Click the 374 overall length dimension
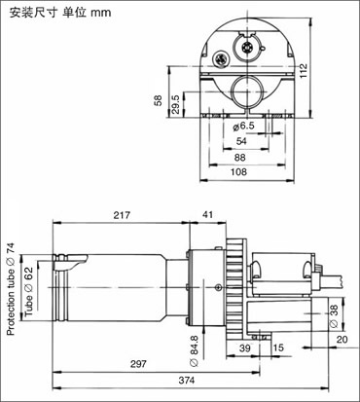[x=187, y=380]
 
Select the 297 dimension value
[x=138, y=364]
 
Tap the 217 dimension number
[x=122, y=215]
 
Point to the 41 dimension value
[x=207, y=214]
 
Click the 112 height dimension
[x=304, y=71]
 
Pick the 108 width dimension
[x=238, y=171]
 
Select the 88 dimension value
[x=239, y=158]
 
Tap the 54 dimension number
[x=241, y=141]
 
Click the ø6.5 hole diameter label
[x=244, y=126]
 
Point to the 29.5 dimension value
[x=175, y=104]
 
